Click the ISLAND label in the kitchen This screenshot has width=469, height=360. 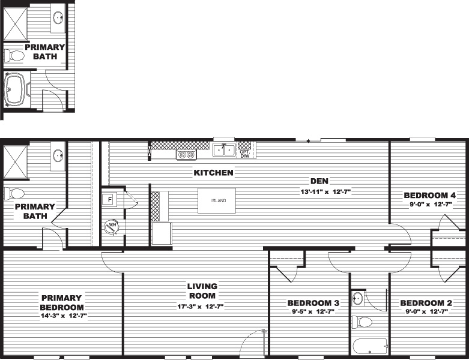pyautogui.click(x=219, y=201)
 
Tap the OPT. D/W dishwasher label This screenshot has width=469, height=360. pyautogui.click(x=244, y=154)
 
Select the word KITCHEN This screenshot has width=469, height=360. pyautogui.click(x=213, y=173)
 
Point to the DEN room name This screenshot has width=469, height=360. pyautogui.click(x=319, y=181)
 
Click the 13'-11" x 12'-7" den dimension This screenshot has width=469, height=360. pyautogui.click(x=325, y=191)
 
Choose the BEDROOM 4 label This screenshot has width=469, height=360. pyautogui.click(x=429, y=196)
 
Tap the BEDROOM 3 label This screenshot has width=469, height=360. pyautogui.click(x=313, y=303)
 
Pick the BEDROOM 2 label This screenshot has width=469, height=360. pyautogui.click(x=426, y=303)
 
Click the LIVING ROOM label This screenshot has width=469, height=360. pyautogui.click(x=202, y=291)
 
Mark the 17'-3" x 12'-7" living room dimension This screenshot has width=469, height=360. pyautogui.click(x=200, y=307)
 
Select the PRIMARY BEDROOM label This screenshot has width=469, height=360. pyautogui.click(x=62, y=302)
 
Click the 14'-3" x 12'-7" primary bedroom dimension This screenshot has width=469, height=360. pyautogui.click(x=64, y=316)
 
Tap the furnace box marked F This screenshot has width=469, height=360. pyautogui.click(x=109, y=200)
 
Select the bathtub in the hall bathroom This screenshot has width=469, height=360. pyautogui.click(x=370, y=347)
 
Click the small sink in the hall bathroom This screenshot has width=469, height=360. pyautogui.click(x=358, y=298)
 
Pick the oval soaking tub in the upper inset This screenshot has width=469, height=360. pyautogui.click(x=16, y=89)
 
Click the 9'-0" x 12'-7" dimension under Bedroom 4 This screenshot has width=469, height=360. pyautogui.click(x=430, y=205)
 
